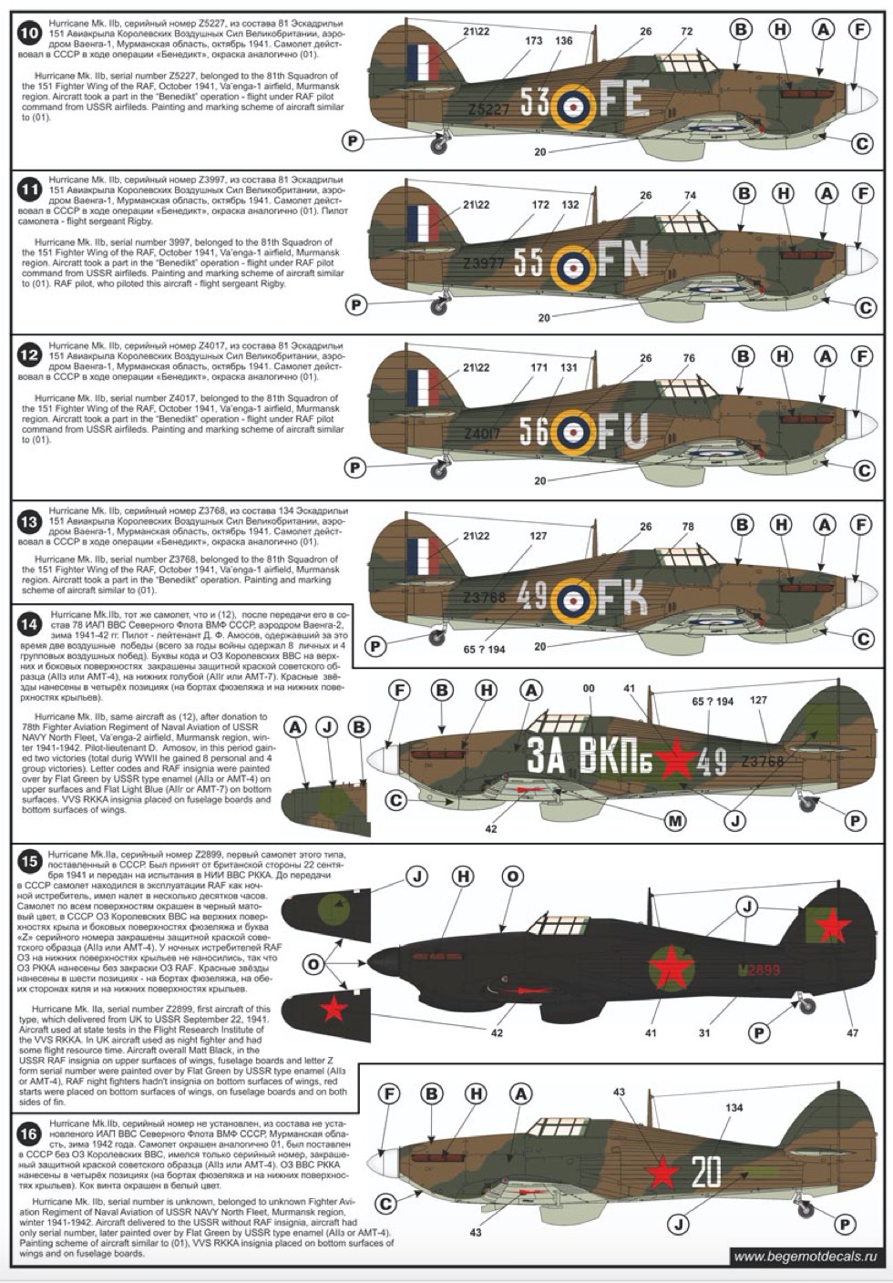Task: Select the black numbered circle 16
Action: (28, 1134)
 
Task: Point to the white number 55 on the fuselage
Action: (529, 262)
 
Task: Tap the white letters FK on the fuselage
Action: (623, 598)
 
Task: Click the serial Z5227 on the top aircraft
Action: (488, 109)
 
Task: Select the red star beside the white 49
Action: (675, 759)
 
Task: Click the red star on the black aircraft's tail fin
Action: (831, 926)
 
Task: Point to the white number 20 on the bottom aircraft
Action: (705, 1172)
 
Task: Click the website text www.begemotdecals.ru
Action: (809, 1257)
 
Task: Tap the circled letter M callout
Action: (675, 821)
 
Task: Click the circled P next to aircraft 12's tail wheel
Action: (355, 467)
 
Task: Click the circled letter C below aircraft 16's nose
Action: (385, 1205)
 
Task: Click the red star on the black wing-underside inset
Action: (334, 1009)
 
